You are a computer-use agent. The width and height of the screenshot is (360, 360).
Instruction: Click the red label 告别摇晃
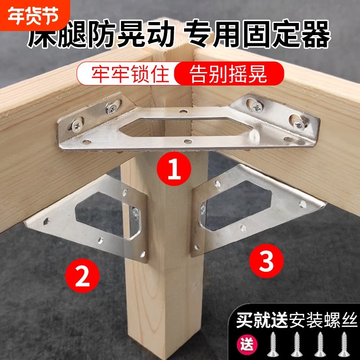point(228,73)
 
